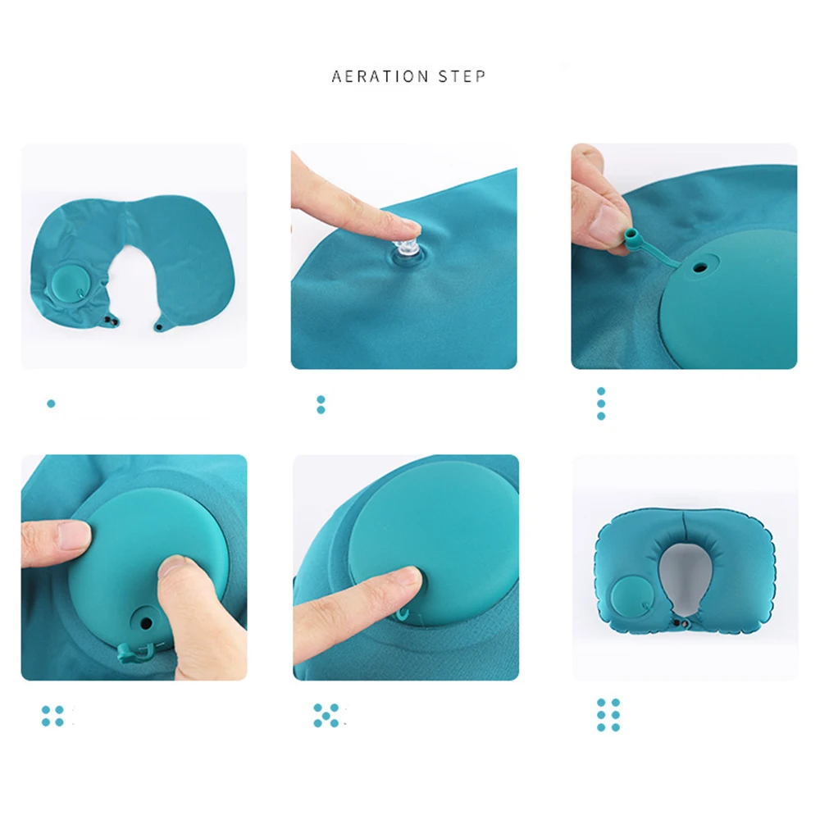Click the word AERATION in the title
click(380, 76)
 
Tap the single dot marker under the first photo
click(51, 403)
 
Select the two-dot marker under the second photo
click(321, 404)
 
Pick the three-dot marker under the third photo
click(601, 403)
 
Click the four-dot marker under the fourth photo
click(52, 716)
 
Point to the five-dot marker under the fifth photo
click(326, 715)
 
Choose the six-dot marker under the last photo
click(608, 715)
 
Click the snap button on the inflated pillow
click(676, 626)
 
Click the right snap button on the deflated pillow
click(158, 326)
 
